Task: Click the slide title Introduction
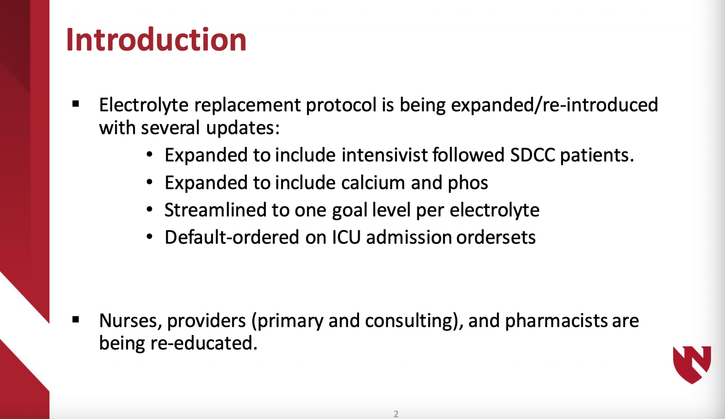click(x=156, y=40)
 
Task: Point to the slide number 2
click(x=396, y=414)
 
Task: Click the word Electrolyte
click(x=144, y=105)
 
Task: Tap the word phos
click(x=468, y=184)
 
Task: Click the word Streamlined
click(x=215, y=209)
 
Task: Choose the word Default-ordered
click(x=232, y=237)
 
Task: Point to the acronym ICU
click(x=346, y=237)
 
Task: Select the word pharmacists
click(x=556, y=321)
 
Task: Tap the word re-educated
click(x=204, y=343)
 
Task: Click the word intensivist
click(x=385, y=155)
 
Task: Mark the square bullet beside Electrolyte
click(x=76, y=104)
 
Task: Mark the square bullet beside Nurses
click(x=76, y=320)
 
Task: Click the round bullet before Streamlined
click(x=149, y=209)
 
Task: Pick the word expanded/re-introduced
click(x=555, y=105)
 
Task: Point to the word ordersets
click(x=496, y=237)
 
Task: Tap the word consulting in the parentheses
click(x=408, y=321)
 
